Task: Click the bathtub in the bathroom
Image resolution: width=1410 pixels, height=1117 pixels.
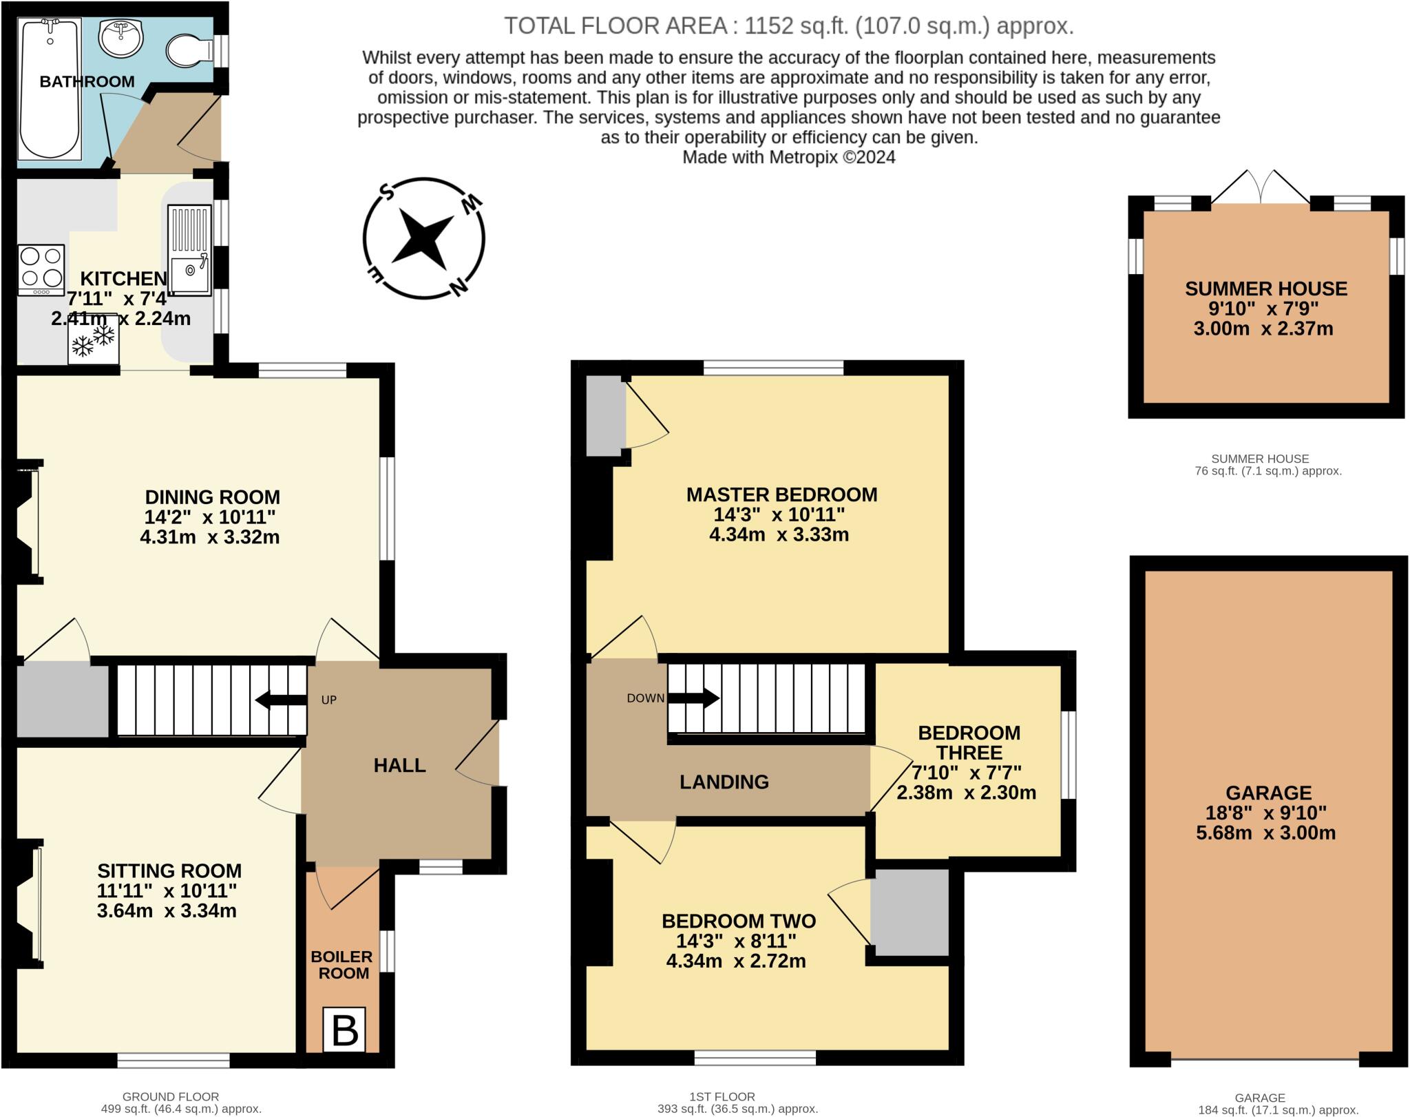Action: [49, 87]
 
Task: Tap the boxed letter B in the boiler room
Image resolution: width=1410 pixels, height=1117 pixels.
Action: [344, 1030]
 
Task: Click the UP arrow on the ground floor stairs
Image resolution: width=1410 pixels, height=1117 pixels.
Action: [281, 700]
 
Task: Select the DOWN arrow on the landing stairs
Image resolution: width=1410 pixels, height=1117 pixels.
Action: [693, 698]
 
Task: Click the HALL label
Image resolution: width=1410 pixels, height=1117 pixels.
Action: [399, 765]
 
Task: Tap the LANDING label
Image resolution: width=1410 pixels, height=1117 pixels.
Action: [724, 782]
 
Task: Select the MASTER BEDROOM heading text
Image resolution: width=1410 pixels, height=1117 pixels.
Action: [781, 494]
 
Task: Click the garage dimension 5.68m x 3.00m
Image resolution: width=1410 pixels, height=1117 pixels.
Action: [1265, 833]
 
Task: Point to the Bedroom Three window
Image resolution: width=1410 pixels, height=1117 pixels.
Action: [1068, 755]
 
